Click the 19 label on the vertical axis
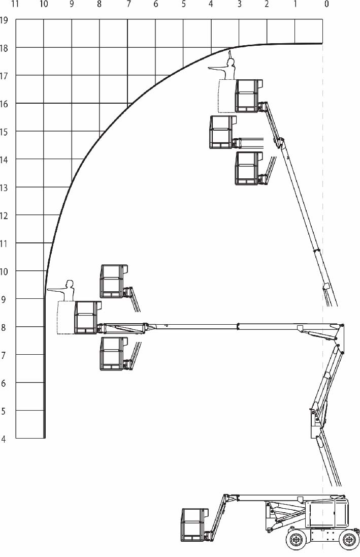click(x=4, y=19)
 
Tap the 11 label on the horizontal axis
click(x=15, y=4)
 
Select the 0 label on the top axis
click(x=326, y=4)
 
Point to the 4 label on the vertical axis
click(x=4, y=439)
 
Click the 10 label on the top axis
click(x=44, y=4)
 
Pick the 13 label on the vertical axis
click(x=4, y=188)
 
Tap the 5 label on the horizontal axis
click(x=183, y=4)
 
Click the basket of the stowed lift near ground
click(x=195, y=524)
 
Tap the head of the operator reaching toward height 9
click(x=70, y=284)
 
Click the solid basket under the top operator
click(x=248, y=96)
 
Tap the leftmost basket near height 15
click(x=223, y=132)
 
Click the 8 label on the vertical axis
click(x=4, y=327)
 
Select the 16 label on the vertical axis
click(x=4, y=104)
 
